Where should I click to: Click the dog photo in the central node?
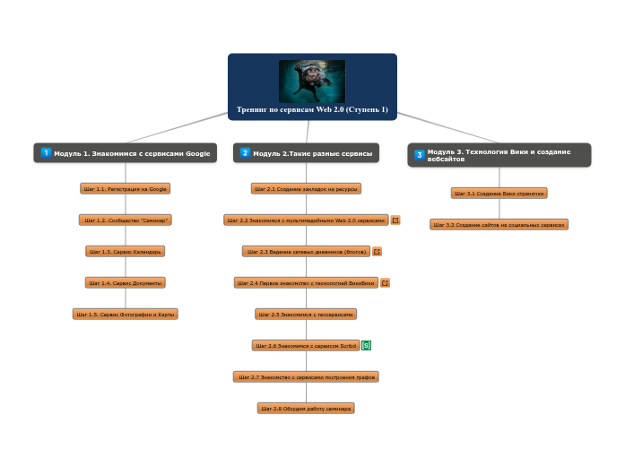pyautogui.click(x=311, y=81)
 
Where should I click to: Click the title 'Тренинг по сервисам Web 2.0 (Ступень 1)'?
pyautogui.click(x=312, y=110)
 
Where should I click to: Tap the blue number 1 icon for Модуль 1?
pyautogui.click(x=46, y=153)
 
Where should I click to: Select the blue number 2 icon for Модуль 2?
pyautogui.click(x=245, y=153)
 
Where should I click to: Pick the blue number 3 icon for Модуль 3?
pyautogui.click(x=419, y=155)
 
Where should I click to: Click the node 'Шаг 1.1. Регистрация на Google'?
pyautogui.click(x=125, y=189)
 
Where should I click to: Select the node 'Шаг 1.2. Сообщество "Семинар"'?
pyautogui.click(x=126, y=220)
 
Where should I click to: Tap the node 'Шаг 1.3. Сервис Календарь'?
pyautogui.click(x=125, y=252)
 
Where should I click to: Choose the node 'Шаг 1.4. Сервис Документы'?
pyautogui.click(x=125, y=283)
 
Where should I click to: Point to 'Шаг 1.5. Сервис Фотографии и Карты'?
pyautogui.click(x=125, y=315)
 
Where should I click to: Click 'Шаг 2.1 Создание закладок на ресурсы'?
pyautogui.click(x=306, y=189)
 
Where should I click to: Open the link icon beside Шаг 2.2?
pyautogui.click(x=395, y=220)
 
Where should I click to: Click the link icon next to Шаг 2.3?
pyautogui.click(x=378, y=252)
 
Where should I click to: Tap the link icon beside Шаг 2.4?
pyautogui.click(x=386, y=283)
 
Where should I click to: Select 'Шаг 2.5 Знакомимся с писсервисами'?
pyautogui.click(x=306, y=315)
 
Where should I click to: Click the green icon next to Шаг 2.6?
pyautogui.click(x=366, y=346)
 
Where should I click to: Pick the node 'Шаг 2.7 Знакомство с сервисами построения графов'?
pyautogui.click(x=306, y=377)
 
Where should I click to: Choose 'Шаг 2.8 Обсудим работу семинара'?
pyautogui.click(x=306, y=409)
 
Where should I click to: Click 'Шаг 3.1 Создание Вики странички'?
pyautogui.click(x=499, y=194)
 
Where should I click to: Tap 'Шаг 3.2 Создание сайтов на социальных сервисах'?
pyautogui.click(x=499, y=225)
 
